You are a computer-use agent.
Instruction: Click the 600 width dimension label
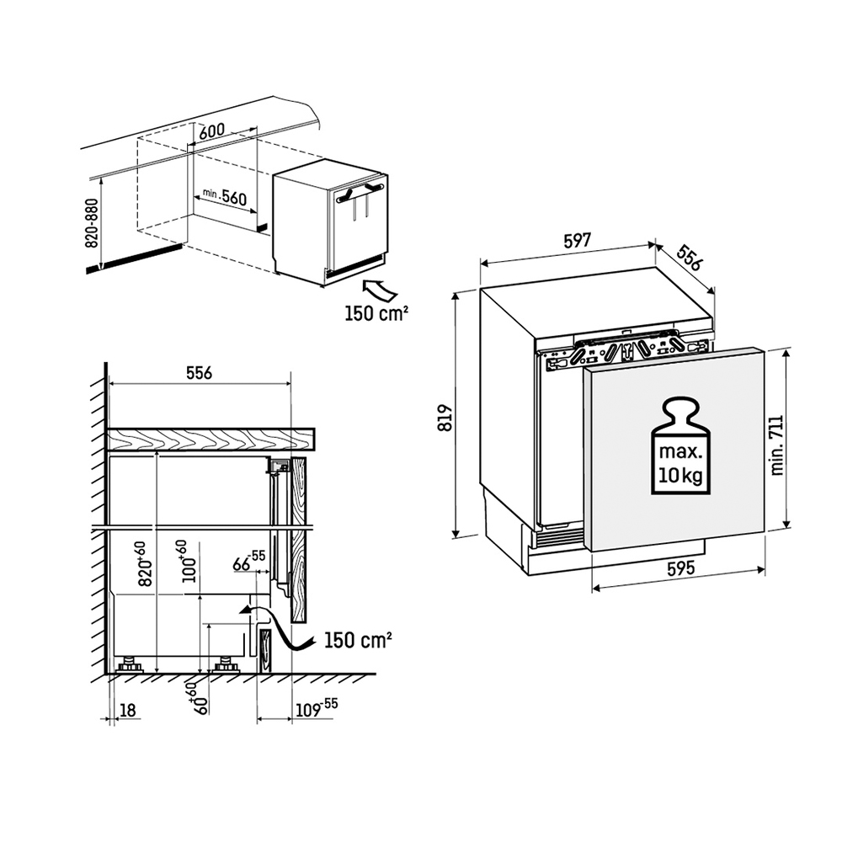pyautogui.click(x=211, y=131)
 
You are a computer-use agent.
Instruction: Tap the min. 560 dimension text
pyautogui.click(x=225, y=196)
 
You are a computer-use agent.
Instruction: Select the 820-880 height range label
pyautogui.click(x=93, y=223)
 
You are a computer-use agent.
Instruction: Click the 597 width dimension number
pyautogui.click(x=578, y=240)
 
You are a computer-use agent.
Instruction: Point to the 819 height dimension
pyautogui.click(x=445, y=418)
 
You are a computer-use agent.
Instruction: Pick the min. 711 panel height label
pyautogui.click(x=776, y=445)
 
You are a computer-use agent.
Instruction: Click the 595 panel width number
pyautogui.click(x=680, y=568)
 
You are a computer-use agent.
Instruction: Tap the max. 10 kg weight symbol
pyautogui.click(x=680, y=445)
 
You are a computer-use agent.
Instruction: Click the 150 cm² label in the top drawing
pyautogui.click(x=376, y=313)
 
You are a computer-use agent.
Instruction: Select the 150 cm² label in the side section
pyautogui.click(x=358, y=640)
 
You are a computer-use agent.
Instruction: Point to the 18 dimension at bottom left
pyautogui.click(x=127, y=711)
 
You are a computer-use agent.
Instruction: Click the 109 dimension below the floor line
pyautogui.click(x=317, y=708)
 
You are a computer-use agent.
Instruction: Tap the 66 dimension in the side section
pyautogui.click(x=248, y=561)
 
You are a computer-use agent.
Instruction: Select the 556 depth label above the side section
pyautogui.click(x=200, y=372)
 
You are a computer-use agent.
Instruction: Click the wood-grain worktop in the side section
pyautogui.click(x=210, y=439)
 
